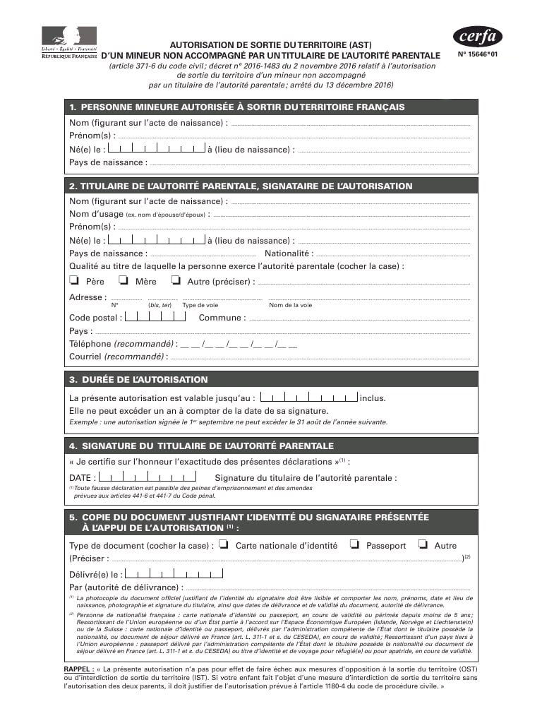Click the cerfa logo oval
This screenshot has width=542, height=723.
pyautogui.click(x=477, y=36)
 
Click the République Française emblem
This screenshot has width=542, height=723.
pyautogui.click(x=69, y=42)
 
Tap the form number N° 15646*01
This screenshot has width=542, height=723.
pyautogui.click(x=483, y=54)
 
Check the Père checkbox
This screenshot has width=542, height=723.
pyautogui.click(x=73, y=280)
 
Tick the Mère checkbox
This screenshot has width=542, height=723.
pyautogui.click(x=124, y=280)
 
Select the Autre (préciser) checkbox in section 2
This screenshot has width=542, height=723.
pyautogui.click(x=176, y=280)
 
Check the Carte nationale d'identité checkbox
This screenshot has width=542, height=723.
pyautogui.click(x=223, y=544)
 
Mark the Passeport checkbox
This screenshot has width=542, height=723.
pyautogui.click(x=354, y=544)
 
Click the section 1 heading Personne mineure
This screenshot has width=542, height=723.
pyautogui.click(x=237, y=107)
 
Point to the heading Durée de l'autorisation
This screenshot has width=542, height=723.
pyautogui.click(x=138, y=379)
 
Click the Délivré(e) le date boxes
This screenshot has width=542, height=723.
pyautogui.click(x=166, y=574)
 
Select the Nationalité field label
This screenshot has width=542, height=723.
pyautogui.click(x=289, y=253)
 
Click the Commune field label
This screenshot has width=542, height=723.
pyautogui.click(x=222, y=318)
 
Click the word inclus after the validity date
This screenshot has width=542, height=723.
pyautogui.click(x=373, y=398)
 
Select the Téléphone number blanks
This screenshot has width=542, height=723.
pyautogui.click(x=239, y=344)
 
